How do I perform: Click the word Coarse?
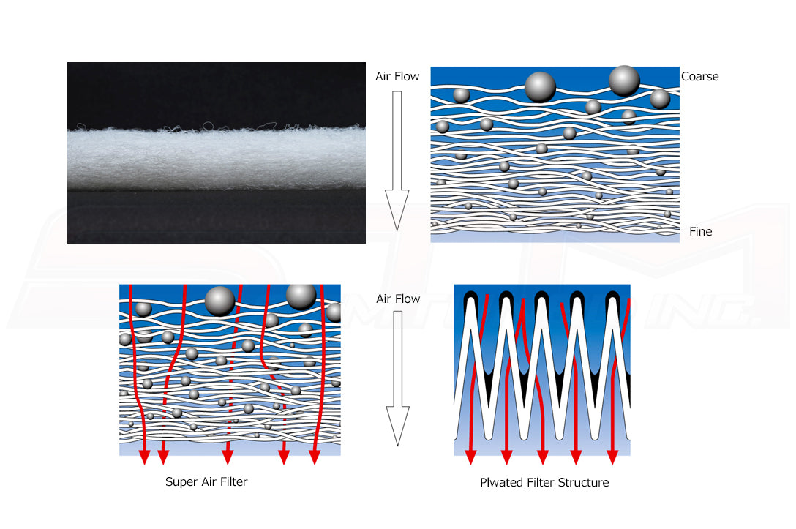click(x=699, y=77)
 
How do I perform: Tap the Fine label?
click(x=701, y=231)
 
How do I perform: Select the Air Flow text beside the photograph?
click(x=397, y=77)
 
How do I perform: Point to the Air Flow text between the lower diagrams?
click(x=398, y=299)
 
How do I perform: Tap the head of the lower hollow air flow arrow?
click(x=398, y=425)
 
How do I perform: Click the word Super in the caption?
click(x=181, y=482)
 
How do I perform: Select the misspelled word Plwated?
click(x=500, y=482)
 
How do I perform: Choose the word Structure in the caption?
click(x=583, y=482)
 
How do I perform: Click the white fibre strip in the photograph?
click(x=217, y=157)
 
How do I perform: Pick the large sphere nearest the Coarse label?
click(x=624, y=80)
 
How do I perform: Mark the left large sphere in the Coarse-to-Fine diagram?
click(x=540, y=87)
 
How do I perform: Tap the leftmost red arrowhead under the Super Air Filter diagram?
click(x=145, y=456)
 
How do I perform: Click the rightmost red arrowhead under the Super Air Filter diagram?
click(x=315, y=456)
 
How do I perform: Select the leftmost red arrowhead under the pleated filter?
click(x=470, y=456)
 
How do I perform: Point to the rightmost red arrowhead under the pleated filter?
click(x=612, y=456)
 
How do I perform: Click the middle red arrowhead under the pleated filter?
click(x=543, y=456)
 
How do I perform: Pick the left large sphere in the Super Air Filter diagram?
click(x=219, y=301)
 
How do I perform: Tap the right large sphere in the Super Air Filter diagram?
click(x=301, y=296)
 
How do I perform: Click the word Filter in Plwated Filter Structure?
click(x=538, y=482)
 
